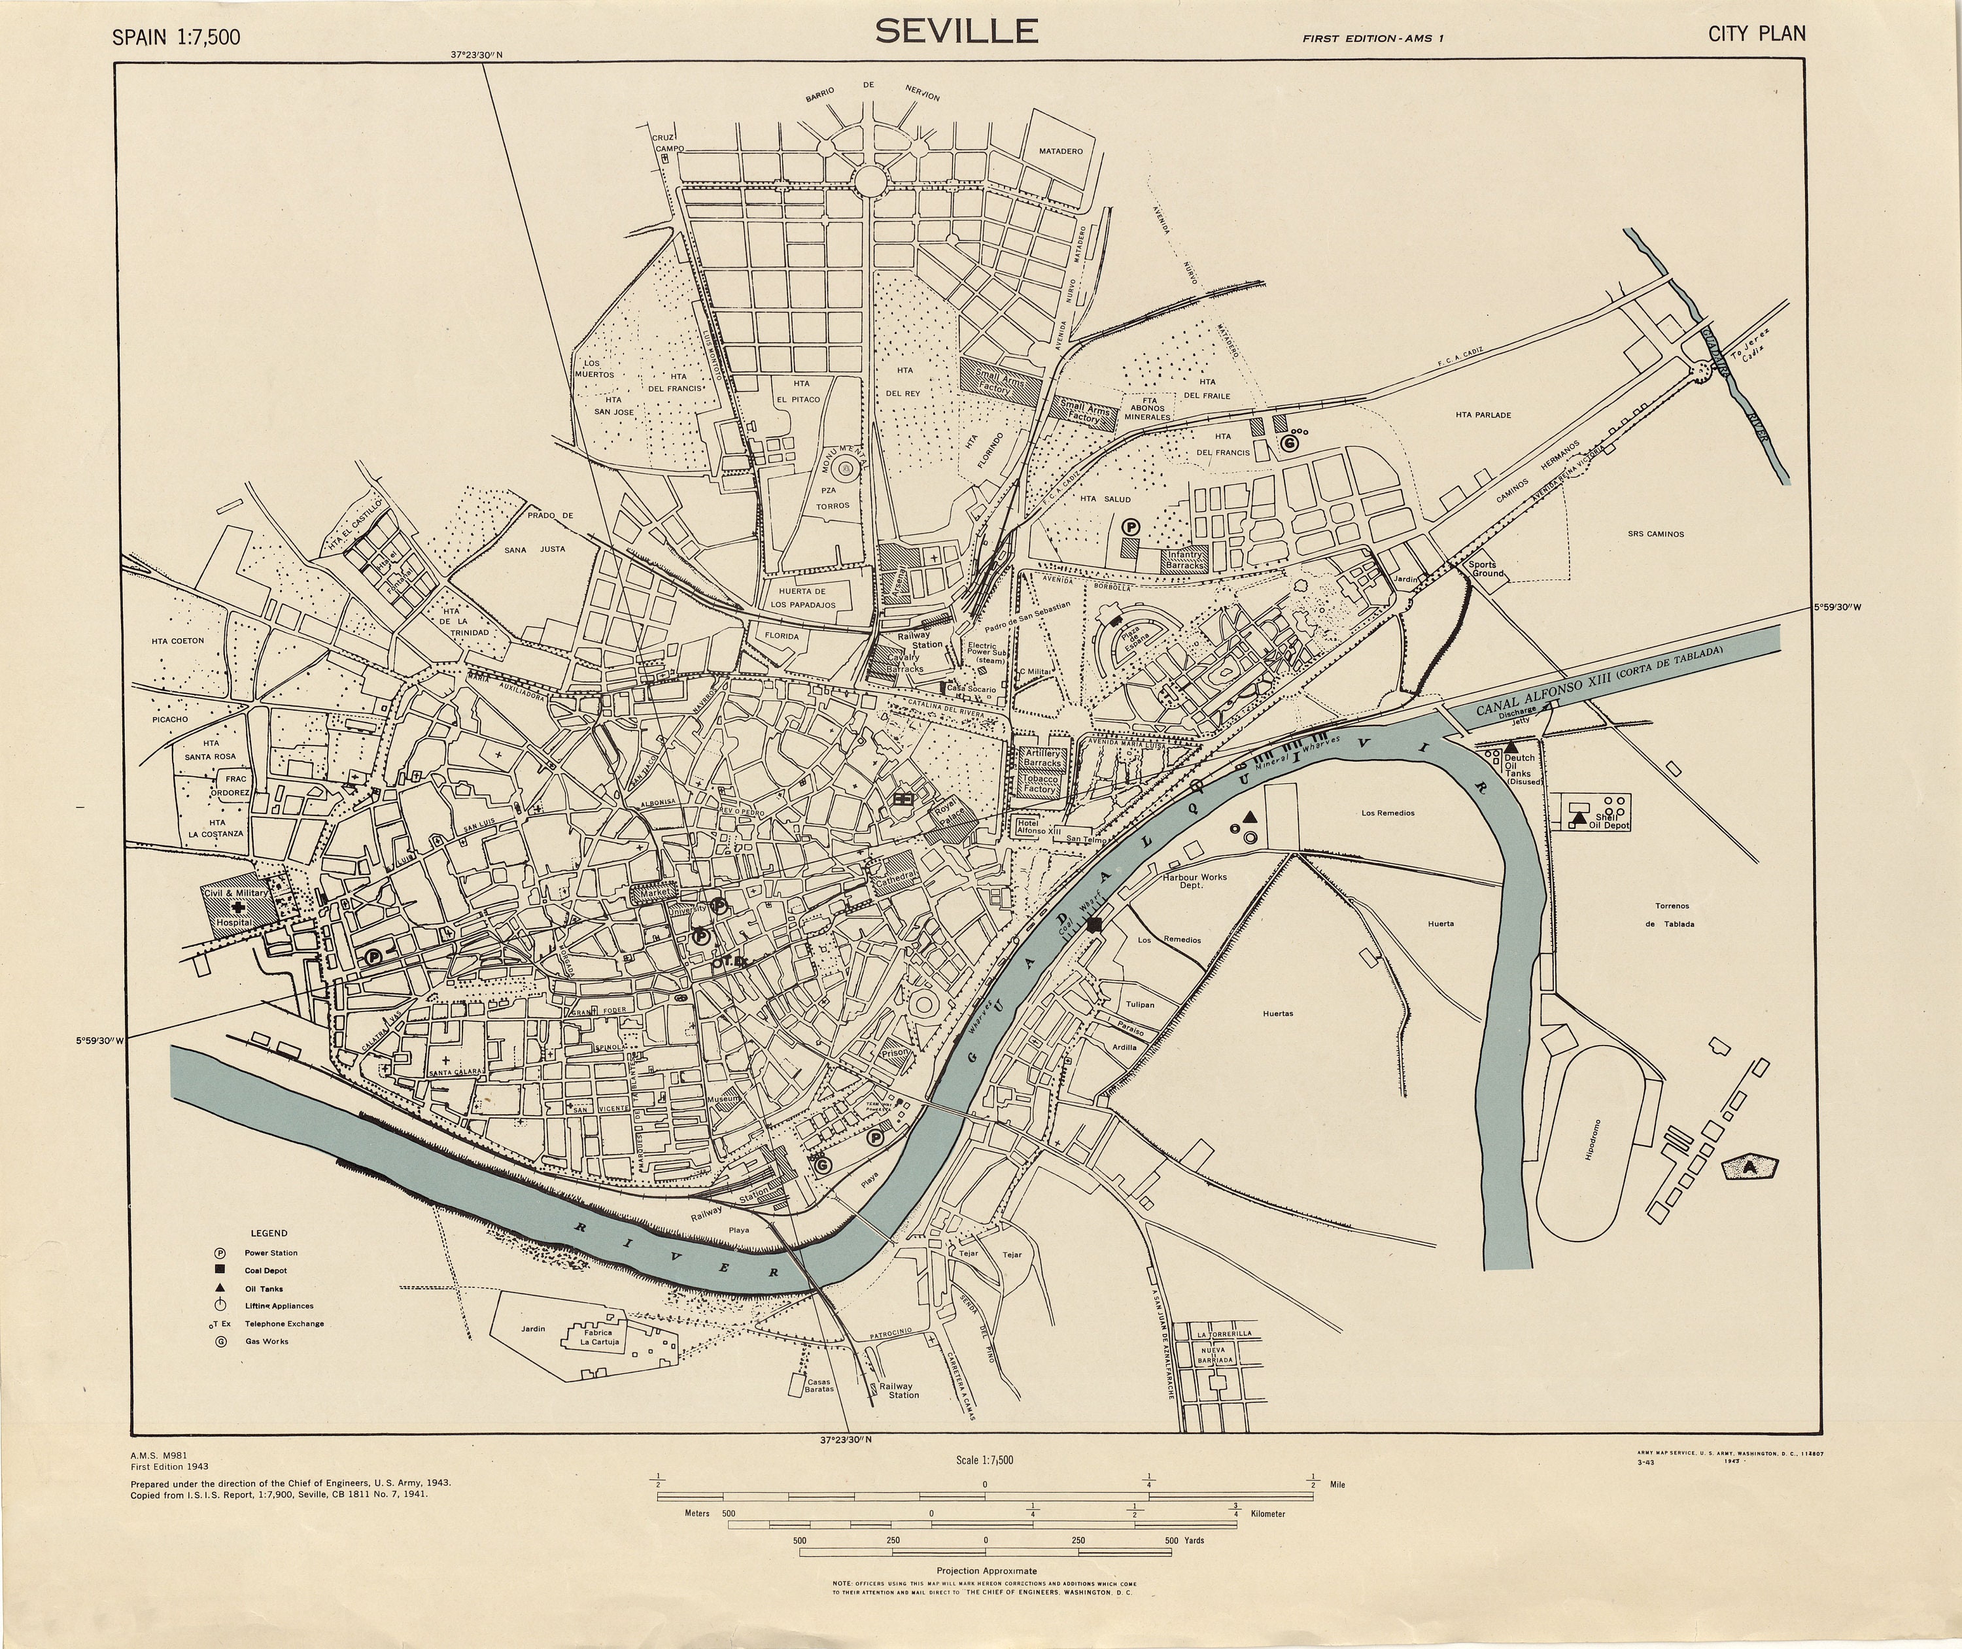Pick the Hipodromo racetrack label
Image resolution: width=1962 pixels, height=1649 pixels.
point(1592,1140)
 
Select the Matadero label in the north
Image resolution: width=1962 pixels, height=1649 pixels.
point(1061,152)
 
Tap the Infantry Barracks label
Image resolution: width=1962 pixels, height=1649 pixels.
point(1186,560)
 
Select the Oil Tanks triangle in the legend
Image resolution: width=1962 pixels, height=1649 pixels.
point(220,1288)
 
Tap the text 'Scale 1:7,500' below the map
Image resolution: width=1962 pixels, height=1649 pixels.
point(985,1460)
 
